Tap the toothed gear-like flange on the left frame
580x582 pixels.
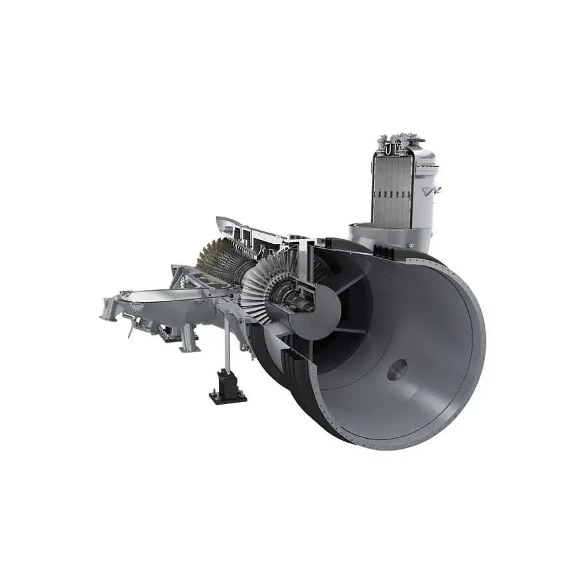(x=136, y=307)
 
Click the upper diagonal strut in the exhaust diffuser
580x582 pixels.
(x=346, y=281)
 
